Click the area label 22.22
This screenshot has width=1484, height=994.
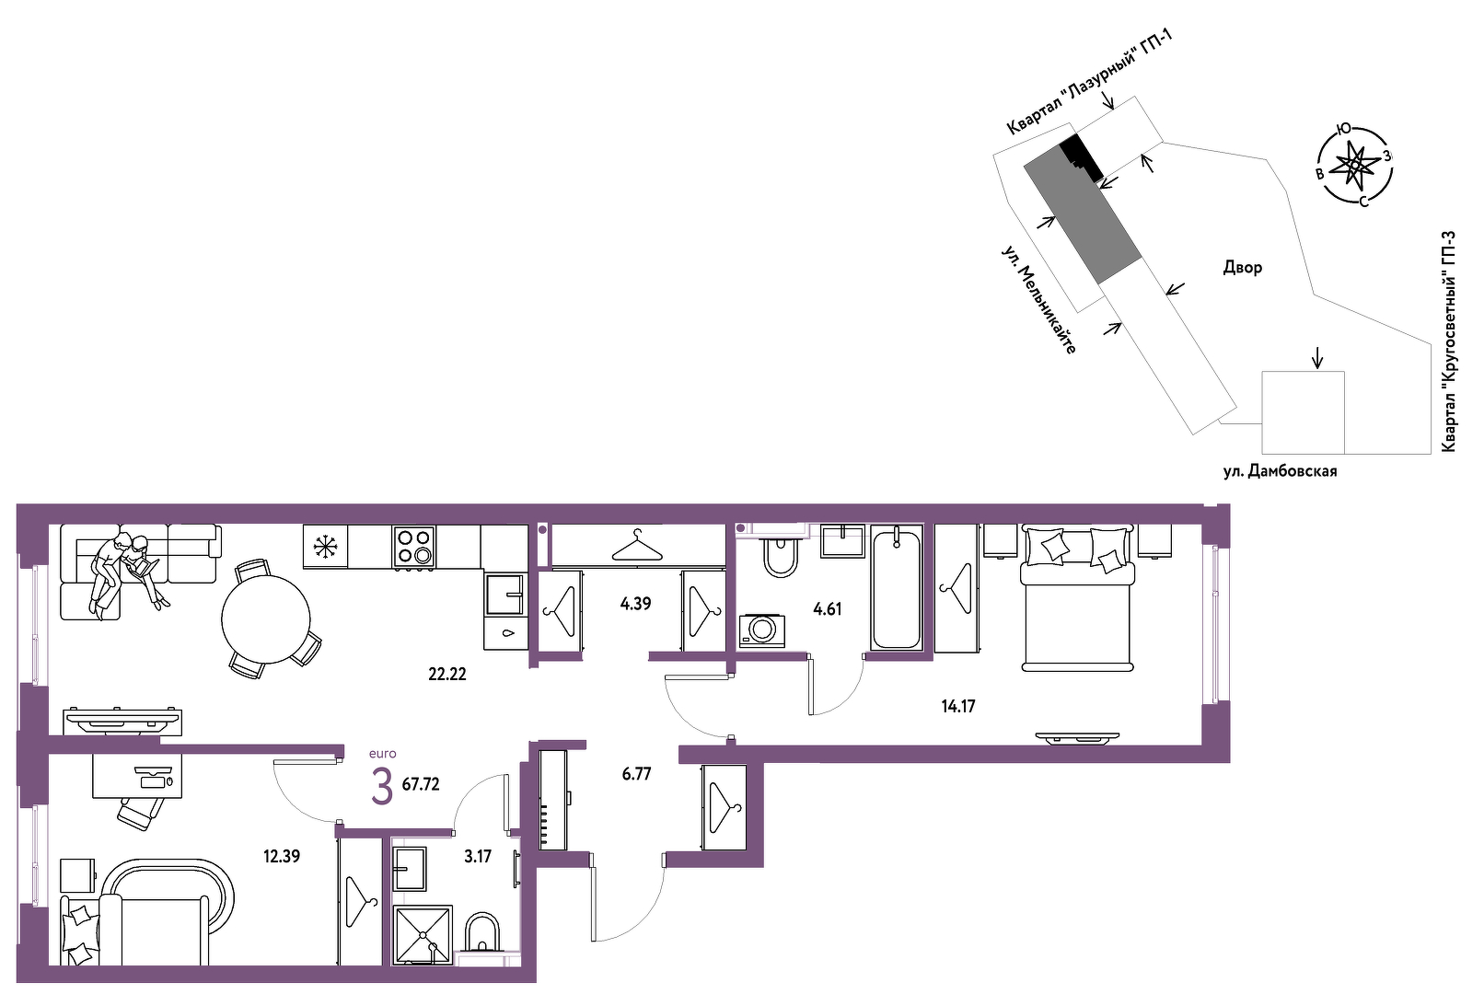click(447, 674)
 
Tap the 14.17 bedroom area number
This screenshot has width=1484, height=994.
click(958, 707)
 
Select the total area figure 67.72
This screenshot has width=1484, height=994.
click(421, 785)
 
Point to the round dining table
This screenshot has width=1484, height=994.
click(266, 619)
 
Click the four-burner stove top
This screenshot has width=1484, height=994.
click(414, 547)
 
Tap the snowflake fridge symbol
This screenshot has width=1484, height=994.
click(325, 547)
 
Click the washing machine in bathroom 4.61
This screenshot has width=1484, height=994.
click(761, 630)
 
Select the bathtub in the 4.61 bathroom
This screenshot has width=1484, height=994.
click(897, 587)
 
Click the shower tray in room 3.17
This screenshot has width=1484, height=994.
click(423, 934)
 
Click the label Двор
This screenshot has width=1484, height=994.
click(1242, 268)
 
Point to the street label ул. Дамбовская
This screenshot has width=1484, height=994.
click(1280, 471)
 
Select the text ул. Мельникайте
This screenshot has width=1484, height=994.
click(1038, 299)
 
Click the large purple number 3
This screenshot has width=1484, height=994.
click(382, 787)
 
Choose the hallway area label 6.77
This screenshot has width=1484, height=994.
click(636, 774)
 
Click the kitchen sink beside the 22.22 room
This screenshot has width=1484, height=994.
click(504, 594)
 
